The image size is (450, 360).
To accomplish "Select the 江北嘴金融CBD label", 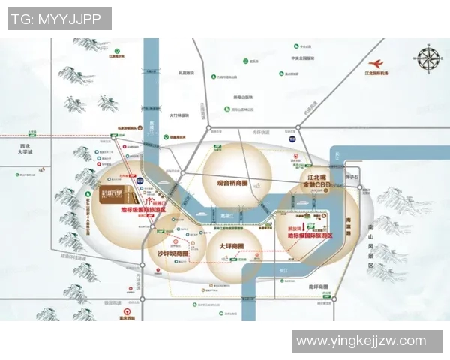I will [x=313, y=180].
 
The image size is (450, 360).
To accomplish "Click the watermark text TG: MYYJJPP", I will [x=59, y=18].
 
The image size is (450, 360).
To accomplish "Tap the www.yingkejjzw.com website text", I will [x=361, y=341].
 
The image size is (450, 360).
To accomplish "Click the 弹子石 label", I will [x=352, y=177].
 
